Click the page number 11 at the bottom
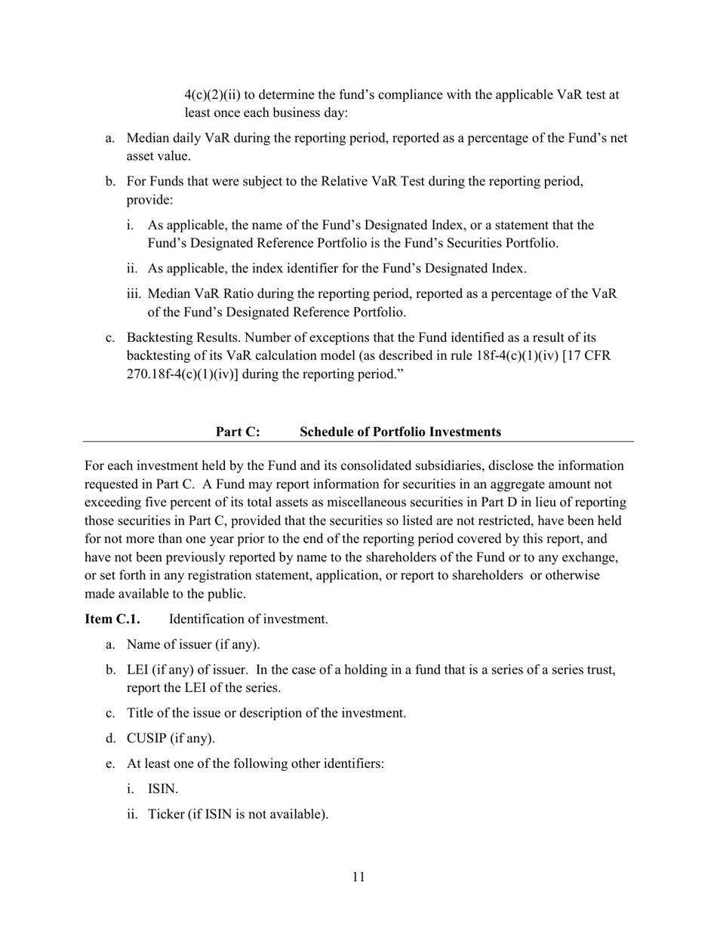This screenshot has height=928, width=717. point(358,877)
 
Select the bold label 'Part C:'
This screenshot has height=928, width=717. point(238,432)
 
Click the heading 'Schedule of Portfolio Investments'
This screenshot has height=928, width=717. point(400,432)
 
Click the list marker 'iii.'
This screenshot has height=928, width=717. point(134,294)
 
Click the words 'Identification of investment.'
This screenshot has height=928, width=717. point(248,619)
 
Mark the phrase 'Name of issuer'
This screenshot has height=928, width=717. point(168,644)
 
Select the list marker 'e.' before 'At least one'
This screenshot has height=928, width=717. point(110,764)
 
